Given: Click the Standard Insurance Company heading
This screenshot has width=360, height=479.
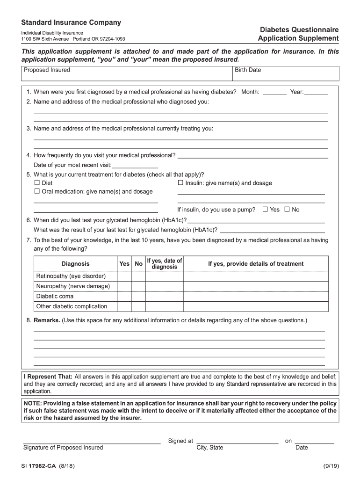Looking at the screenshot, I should pos(71,22).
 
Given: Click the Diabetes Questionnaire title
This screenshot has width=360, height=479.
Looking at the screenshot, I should pos(299,29).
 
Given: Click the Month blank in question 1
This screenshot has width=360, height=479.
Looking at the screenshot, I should pos(275,92).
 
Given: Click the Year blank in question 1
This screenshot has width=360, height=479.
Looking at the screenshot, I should pos(316,92).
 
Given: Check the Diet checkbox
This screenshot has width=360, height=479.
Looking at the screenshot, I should pos(37,183).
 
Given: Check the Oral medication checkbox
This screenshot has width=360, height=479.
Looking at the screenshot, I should pos(37,191).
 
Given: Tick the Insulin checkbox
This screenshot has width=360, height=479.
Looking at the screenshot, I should pos(180,183).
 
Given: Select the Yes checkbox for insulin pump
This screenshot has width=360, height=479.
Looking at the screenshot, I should pos(265,210).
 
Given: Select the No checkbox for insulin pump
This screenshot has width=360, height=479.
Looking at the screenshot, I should pos(287,210).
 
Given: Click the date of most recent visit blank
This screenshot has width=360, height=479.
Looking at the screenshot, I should pos(136,165).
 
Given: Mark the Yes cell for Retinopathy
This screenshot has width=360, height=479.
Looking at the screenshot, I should pos(124,276).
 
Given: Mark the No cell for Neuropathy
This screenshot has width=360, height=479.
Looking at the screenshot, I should pos(138,286).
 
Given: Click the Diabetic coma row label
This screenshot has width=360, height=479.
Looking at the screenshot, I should pos(55,297).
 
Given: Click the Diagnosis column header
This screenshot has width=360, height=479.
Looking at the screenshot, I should pos(75,264).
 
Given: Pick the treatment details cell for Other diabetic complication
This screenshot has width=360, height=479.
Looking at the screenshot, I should pos(255,307).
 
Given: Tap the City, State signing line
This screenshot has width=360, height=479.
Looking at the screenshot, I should pos(238,441).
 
